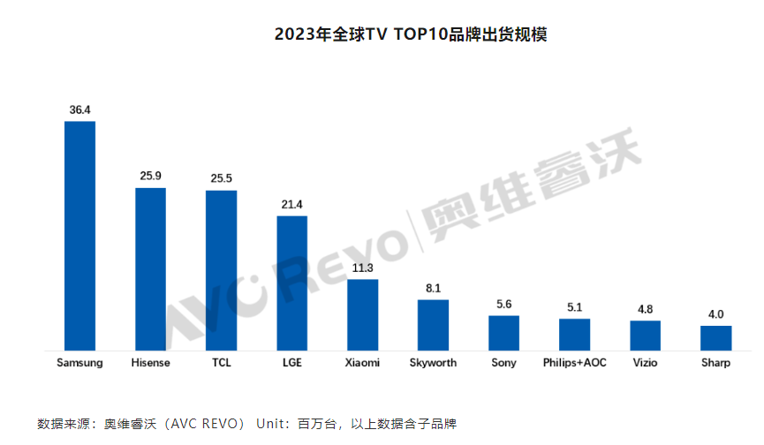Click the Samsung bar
(x=80, y=236)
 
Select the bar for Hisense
(x=150, y=269)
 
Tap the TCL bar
(x=221, y=270)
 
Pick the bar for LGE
(x=292, y=283)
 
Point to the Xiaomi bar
(x=362, y=315)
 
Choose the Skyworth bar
(x=433, y=325)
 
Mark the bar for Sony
(x=503, y=333)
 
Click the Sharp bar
(x=715, y=338)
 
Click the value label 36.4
(x=80, y=109)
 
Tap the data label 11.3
(x=362, y=268)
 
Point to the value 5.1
(x=574, y=308)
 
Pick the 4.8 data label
(x=645, y=310)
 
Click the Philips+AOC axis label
(x=574, y=363)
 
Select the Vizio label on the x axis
(x=645, y=363)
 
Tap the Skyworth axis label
(x=433, y=363)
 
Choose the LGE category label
(x=292, y=363)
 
